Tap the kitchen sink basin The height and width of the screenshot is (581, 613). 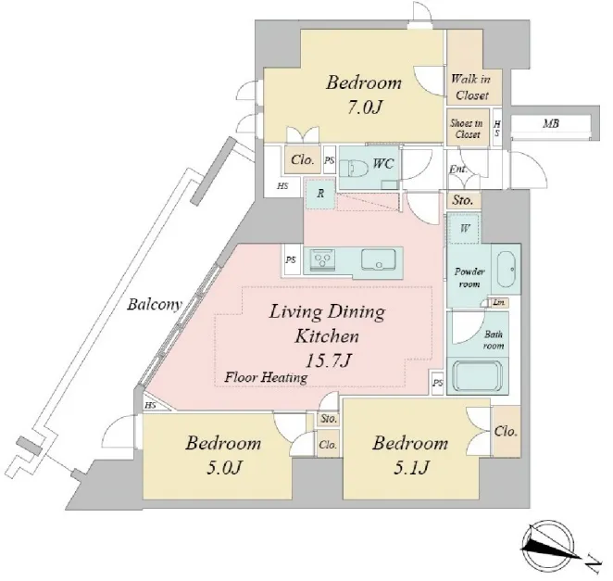(378, 259)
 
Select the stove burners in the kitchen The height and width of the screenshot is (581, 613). (322, 259)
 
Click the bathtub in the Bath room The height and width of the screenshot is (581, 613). (477, 374)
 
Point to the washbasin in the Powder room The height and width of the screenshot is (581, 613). (507, 269)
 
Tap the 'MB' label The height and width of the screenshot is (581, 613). (551, 124)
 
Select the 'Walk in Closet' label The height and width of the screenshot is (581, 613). (471, 87)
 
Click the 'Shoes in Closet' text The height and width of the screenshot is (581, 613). (466, 129)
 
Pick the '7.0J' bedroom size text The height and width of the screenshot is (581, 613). (364, 107)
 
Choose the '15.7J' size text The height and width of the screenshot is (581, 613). (327, 360)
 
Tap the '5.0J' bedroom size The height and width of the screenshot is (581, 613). (225, 467)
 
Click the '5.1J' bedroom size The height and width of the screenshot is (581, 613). (412, 467)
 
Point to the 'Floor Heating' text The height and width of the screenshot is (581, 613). (266, 377)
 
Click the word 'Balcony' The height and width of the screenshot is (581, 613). (155, 304)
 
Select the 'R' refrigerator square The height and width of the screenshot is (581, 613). (320, 194)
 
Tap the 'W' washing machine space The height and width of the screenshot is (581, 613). (464, 228)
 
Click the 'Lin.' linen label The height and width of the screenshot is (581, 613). (499, 302)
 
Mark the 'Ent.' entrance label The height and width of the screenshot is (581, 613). (458, 169)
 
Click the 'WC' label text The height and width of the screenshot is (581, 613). (383, 163)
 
